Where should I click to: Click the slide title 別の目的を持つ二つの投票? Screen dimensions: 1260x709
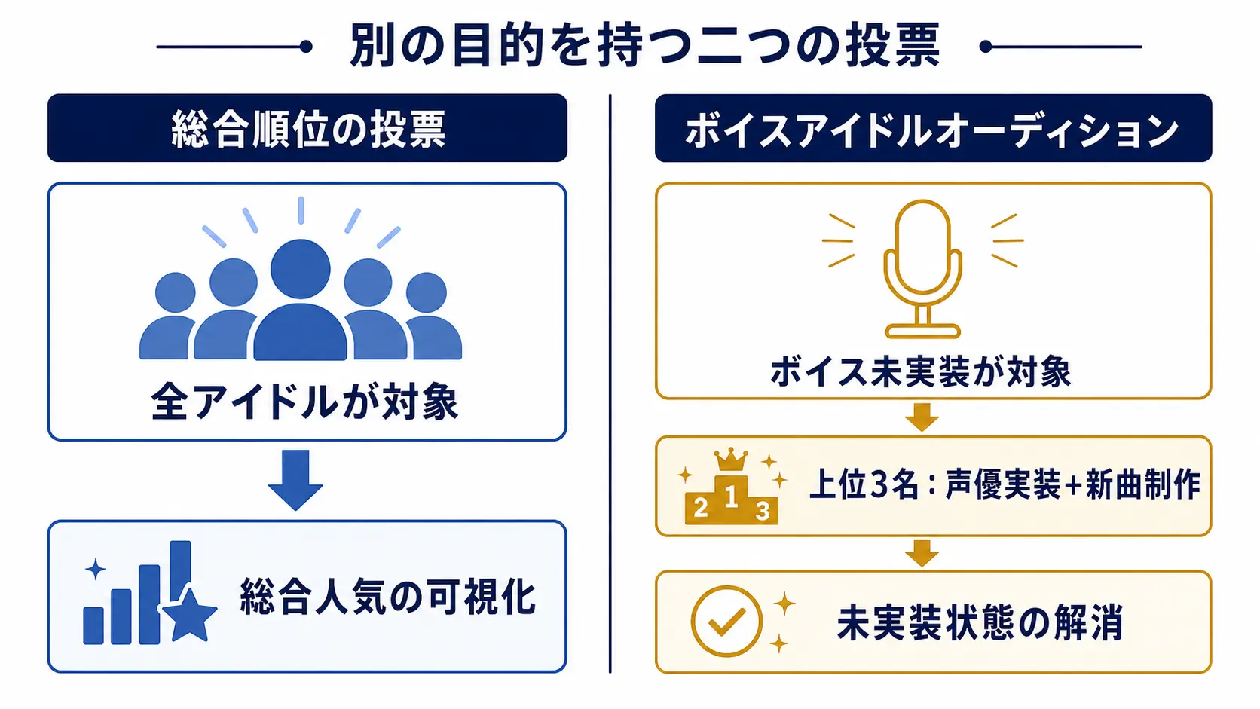click(x=644, y=45)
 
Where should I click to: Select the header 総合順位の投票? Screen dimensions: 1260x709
click(x=308, y=130)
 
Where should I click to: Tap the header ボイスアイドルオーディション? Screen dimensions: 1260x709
click(x=932, y=130)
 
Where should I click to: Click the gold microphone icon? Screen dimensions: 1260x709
click(x=922, y=269)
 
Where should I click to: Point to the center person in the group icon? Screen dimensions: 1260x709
click(x=301, y=299)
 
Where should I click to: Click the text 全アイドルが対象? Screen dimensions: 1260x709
click(x=304, y=402)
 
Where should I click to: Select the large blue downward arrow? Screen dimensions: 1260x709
click(x=296, y=480)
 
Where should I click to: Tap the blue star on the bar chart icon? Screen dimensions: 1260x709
click(x=190, y=616)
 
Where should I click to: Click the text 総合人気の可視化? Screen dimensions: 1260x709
click(x=387, y=597)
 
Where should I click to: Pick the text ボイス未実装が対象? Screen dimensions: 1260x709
click(x=920, y=371)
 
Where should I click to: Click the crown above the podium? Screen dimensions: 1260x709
click(x=731, y=460)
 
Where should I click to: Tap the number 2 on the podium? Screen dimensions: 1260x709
click(x=700, y=509)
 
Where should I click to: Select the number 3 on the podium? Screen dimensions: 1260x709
click(x=762, y=511)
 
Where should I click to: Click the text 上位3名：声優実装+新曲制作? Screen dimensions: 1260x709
click(x=1005, y=484)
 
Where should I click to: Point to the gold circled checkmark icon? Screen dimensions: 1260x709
click(x=726, y=621)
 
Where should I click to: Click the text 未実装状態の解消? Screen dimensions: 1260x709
click(x=980, y=622)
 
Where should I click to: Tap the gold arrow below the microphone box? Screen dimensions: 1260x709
click(x=922, y=417)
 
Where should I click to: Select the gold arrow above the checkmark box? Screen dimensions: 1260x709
click(x=922, y=553)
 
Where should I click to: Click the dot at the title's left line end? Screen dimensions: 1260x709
click(x=306, y=47)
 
